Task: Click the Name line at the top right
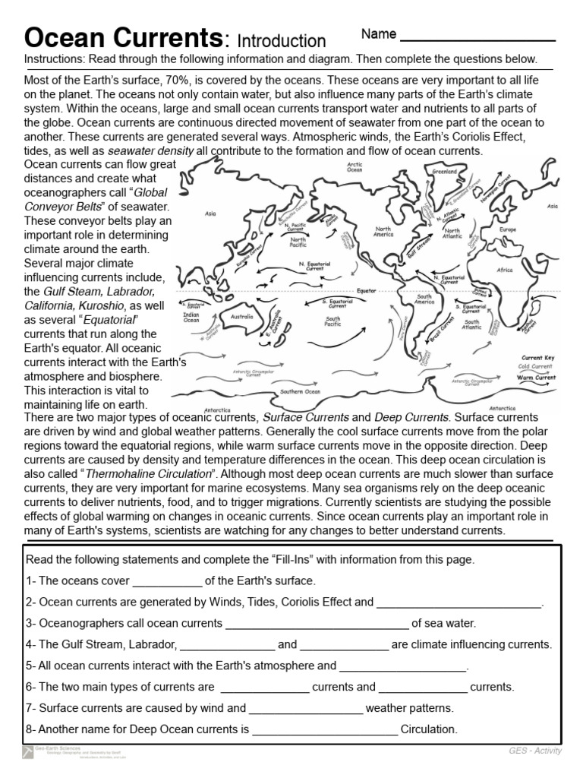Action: point(477,38)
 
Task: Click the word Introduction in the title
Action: point(281,40)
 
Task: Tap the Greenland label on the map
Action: point(445,172)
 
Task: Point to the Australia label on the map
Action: point(241,317)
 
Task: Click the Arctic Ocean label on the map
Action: point(355,166)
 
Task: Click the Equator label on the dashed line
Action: point(367,291)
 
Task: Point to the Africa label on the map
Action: point(505,270)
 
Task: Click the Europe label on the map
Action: point(507,229)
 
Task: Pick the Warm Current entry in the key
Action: point(536,377)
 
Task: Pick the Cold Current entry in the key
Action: point(536,366)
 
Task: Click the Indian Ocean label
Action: point(191,317)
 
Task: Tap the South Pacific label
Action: point(332,321)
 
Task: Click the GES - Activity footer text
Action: point(535,751)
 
